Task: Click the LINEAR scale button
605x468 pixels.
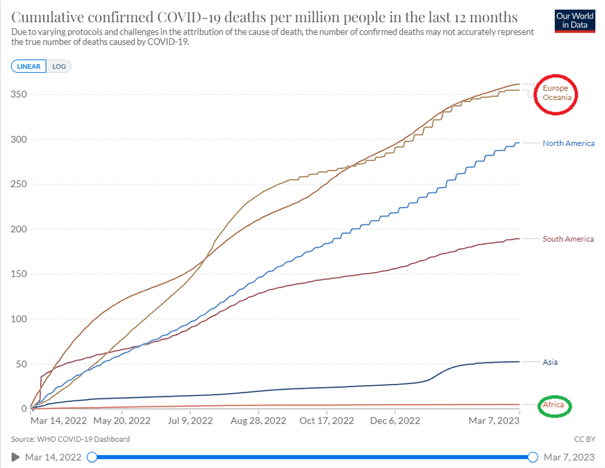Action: [28, 66]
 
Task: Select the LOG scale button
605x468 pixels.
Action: [59, 66]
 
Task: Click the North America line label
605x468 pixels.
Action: [568, 143]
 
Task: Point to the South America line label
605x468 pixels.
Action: [568, 239]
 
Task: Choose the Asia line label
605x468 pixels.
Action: [550, 362]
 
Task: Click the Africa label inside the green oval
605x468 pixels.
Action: [554, 406]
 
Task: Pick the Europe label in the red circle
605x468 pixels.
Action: [556, 88]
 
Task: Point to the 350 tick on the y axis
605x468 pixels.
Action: [19, 94]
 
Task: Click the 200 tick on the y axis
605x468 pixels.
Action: [19, 229]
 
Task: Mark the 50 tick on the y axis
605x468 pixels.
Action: [22, 364]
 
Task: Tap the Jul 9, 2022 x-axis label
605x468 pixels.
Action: [191, 421]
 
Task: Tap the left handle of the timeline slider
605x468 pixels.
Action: [92, 457]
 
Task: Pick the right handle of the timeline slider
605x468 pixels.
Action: [533, 457]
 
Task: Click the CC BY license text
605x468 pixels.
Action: [583, 439]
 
